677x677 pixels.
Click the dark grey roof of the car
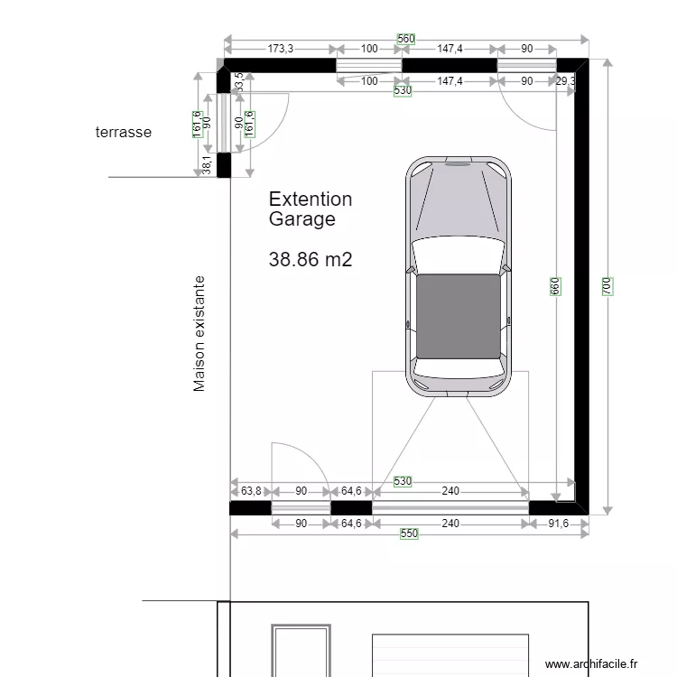coord(459,316)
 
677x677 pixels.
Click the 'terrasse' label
coord(124,132)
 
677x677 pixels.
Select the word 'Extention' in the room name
coord(311,199)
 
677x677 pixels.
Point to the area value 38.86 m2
coord(310,259)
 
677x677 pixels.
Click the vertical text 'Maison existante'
coord(199,334)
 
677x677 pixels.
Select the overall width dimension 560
coord(405,39)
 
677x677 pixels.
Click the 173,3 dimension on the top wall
coord(280,49)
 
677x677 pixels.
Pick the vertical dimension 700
coord(607,286)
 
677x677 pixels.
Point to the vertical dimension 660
coord(556,286)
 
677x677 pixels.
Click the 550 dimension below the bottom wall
coord(409,534)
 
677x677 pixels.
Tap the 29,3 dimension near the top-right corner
coord(567,81)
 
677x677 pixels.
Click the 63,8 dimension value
coord(251,491)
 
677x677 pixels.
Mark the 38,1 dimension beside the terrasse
coord(207,164)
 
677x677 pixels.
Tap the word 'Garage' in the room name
coord(301,219)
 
